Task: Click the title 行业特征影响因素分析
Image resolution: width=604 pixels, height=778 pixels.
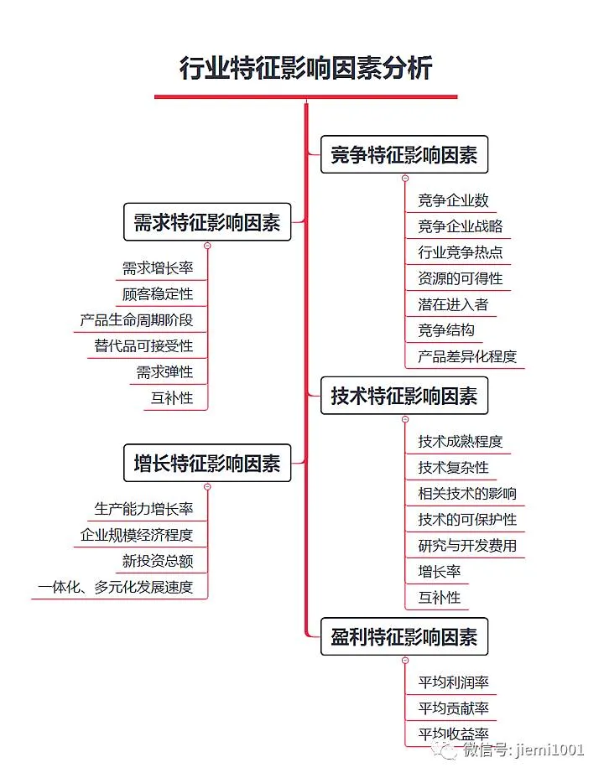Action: [x=305, y=68]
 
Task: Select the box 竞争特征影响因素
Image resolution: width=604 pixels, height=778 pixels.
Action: [x=404, y=155]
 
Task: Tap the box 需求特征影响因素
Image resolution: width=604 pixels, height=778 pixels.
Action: [x=207, y=222]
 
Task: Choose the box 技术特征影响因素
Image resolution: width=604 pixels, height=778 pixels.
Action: [x=404, y=396]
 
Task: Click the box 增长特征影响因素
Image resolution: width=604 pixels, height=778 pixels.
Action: [x=207, y=463]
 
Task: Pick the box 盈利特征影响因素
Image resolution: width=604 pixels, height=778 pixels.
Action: [x=404, y=637]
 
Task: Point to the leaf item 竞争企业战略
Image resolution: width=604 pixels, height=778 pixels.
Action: [x=460, y=226]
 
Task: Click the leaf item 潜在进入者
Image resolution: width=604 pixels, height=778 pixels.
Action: [x=453, y=304]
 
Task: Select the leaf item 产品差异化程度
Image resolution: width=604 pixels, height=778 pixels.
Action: [x=467, y=356]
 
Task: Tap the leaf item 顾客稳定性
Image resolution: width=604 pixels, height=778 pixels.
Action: [x=158, y=294]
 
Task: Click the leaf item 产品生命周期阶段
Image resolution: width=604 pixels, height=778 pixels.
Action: [x=137, y=320]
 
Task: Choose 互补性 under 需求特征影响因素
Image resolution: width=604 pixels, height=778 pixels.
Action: [x=172, y=398]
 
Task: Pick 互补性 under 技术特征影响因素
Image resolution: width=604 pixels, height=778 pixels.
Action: [x=440, y=598]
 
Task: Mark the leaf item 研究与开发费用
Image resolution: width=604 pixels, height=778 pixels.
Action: [x=467, y=546]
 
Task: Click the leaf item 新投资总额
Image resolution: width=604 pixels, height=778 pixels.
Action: [x=158, y=561]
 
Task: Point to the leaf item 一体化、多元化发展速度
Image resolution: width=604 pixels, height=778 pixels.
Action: [x=116, y=587]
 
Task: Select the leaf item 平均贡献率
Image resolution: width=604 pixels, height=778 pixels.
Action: [x=453, y=708]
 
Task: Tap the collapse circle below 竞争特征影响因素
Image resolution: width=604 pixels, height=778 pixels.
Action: [x=404, y=179]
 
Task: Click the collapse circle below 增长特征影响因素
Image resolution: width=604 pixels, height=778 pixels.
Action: [x=207, y=487]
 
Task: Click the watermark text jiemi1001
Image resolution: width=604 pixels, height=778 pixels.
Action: [x=549, y=750]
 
